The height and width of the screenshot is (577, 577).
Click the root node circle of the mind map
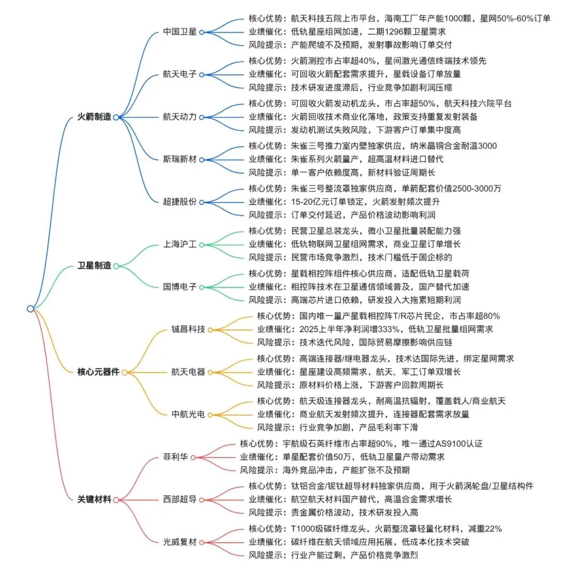pos(30,308)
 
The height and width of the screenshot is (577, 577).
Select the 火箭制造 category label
pos(94,117)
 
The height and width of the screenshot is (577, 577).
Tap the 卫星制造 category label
pos(94,266)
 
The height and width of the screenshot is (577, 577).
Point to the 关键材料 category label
pos(94,500)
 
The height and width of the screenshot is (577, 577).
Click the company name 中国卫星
pos(180,32)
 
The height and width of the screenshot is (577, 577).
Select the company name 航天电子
pos(180,74)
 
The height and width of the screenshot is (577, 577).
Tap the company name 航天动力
pos(180,117)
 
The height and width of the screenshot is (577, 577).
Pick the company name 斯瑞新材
pos(180,159)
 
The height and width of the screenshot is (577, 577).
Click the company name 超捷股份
pos(180,202)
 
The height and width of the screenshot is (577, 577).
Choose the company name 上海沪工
pos(180,244)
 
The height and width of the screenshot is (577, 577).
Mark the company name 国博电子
pos(180,287)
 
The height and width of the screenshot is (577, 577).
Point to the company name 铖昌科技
pos(188,329)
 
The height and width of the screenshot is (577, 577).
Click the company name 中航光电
pos(188,414)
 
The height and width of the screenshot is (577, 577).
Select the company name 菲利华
pos(175,457)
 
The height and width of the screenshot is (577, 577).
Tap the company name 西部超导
pos(180,500)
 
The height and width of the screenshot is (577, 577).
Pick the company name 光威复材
pos(180,542)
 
